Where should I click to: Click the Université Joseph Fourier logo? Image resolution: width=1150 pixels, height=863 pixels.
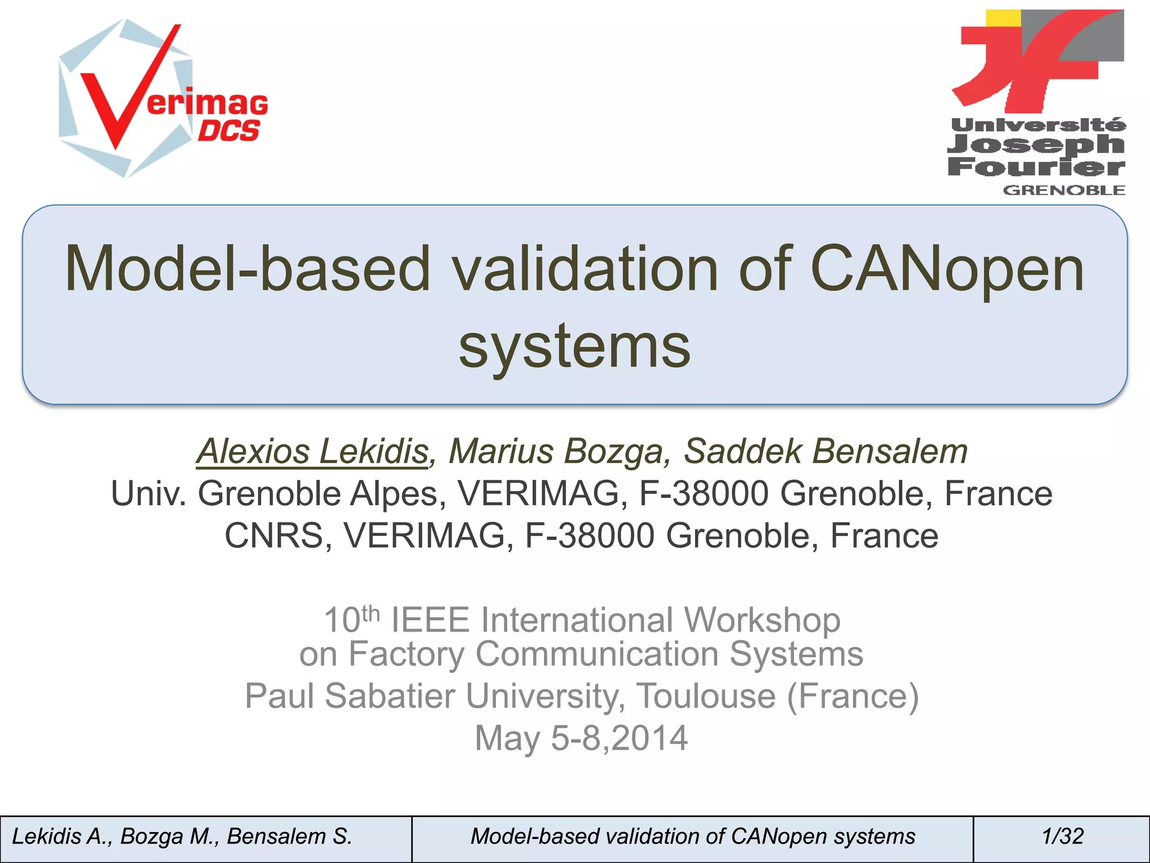pyautogui.click(x=1038, y=101)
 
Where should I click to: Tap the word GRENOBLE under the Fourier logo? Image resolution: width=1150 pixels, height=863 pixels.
pyautogui.click(x=1064, y=190)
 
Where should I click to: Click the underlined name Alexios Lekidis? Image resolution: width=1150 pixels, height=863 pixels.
pyautogui.click(x=312, y=451)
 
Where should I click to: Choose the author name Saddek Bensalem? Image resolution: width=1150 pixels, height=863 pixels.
pyautogui.click(x=825, y=451)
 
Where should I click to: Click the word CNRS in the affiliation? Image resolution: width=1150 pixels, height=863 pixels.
pyautogui.click(x=273, y=535)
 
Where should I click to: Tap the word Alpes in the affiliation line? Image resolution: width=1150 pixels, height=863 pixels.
pyautogui.click(x=394, y=493)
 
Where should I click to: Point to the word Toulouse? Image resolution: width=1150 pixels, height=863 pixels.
pyautogui.click(x=706, y=696)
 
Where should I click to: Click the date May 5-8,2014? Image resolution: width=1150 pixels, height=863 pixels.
pyautogui.click(x=581, y=738)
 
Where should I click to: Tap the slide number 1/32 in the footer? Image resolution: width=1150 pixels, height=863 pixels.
pyautogui.click(x=1062, y=837)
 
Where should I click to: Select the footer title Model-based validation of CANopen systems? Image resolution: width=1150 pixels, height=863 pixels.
pyautogui.click(x=692, y=837)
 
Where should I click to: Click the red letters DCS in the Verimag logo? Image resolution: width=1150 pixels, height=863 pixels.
pyautogui.click(x=229, y=131)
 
